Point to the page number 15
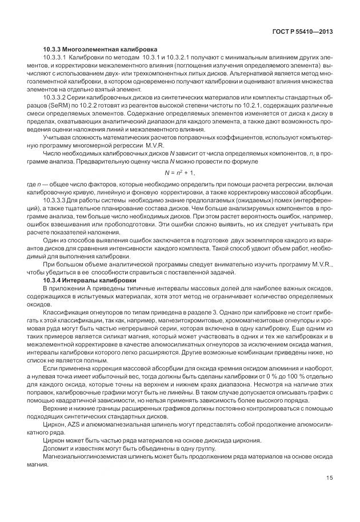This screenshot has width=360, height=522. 330,478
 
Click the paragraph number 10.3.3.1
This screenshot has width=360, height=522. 57,58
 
